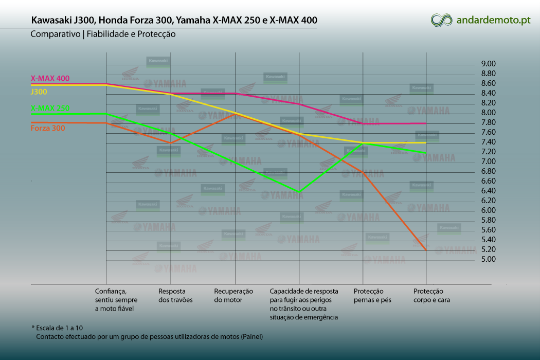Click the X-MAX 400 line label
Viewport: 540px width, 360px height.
click(50, 79)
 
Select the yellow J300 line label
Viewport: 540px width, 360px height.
click(39, 92)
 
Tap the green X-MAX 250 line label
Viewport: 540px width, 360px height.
click(50, 108)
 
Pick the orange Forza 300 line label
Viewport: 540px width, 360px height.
click(48, 128)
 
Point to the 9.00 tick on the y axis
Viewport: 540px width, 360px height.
click(489, 64)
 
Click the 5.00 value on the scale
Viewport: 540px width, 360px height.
click(489, 259)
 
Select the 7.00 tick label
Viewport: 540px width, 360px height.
click(489, 161)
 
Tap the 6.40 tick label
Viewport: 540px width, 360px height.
click(489, 191)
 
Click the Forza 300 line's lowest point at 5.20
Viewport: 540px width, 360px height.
click(426, 250)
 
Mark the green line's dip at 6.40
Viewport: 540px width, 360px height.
click(299, 192)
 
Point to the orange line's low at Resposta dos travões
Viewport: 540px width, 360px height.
click(171, 142)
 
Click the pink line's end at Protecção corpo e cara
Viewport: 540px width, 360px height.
click(426, 123)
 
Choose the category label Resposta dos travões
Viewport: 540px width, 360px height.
click(175, 296)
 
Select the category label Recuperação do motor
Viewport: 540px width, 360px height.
click(233, 296)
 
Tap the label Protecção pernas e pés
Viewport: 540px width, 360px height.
click(372, 296)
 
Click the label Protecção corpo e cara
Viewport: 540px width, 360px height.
click(431, 296)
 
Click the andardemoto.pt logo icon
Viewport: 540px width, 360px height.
click(441, 20)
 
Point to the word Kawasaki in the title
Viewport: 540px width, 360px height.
click(51, 20)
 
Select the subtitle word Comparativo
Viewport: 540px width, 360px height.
click(55, 34)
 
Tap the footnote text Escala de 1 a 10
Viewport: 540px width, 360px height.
click(59, 328)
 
